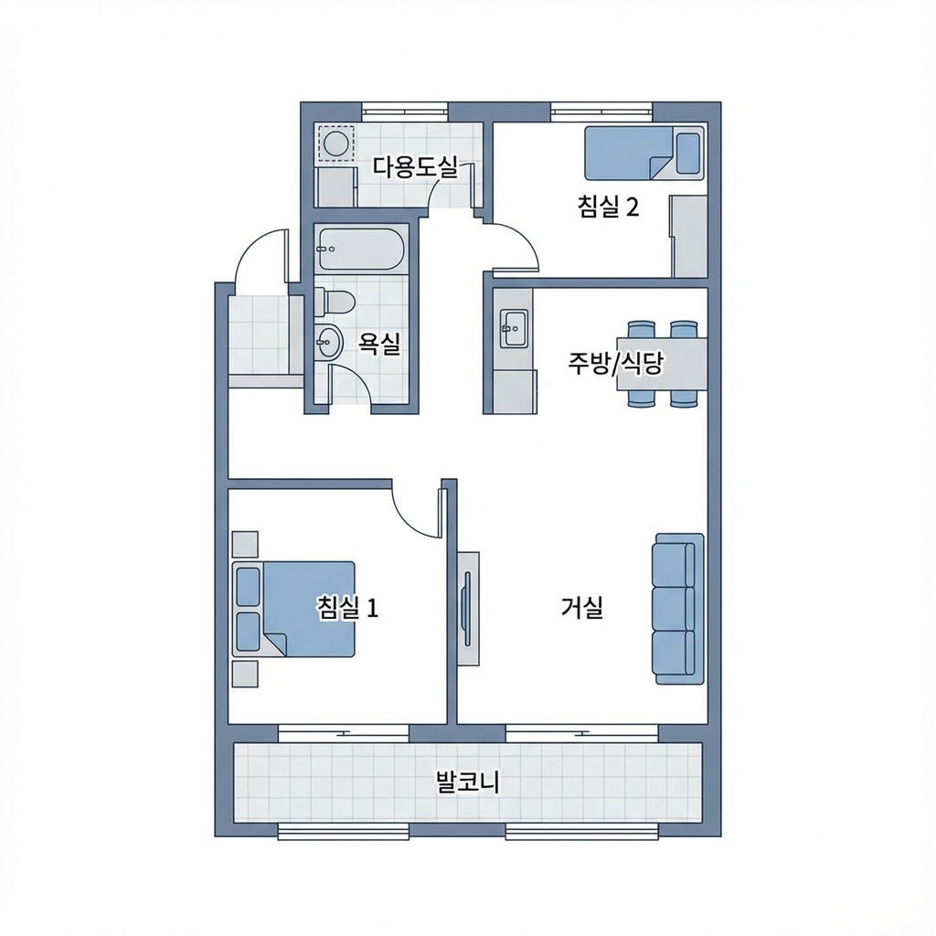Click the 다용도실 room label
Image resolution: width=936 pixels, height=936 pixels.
click(414, 166)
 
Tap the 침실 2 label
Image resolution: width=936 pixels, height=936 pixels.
click(608, 207)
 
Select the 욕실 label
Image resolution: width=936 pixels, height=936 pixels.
click(379, 344)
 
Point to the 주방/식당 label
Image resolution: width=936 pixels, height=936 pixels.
click(615, 364)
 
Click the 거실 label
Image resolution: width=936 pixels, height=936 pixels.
click(581, 607)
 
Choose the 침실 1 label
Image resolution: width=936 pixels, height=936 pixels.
click(346, 607)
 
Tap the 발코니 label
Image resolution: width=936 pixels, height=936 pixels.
click(467, 782)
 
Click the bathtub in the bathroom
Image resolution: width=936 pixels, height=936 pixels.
click(361, 248)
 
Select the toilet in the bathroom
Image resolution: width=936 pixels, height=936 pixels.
click(335, 301)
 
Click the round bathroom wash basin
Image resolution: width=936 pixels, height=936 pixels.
click(327, 343)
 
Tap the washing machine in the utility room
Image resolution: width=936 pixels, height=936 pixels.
click(335, 144)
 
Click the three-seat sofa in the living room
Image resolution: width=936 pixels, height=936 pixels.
click(677, 608)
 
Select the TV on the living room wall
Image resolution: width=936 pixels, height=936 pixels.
click(468, 608)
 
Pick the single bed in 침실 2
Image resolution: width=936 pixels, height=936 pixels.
click(643, 153)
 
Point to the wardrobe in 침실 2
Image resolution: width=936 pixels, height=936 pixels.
click(689, 235)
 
